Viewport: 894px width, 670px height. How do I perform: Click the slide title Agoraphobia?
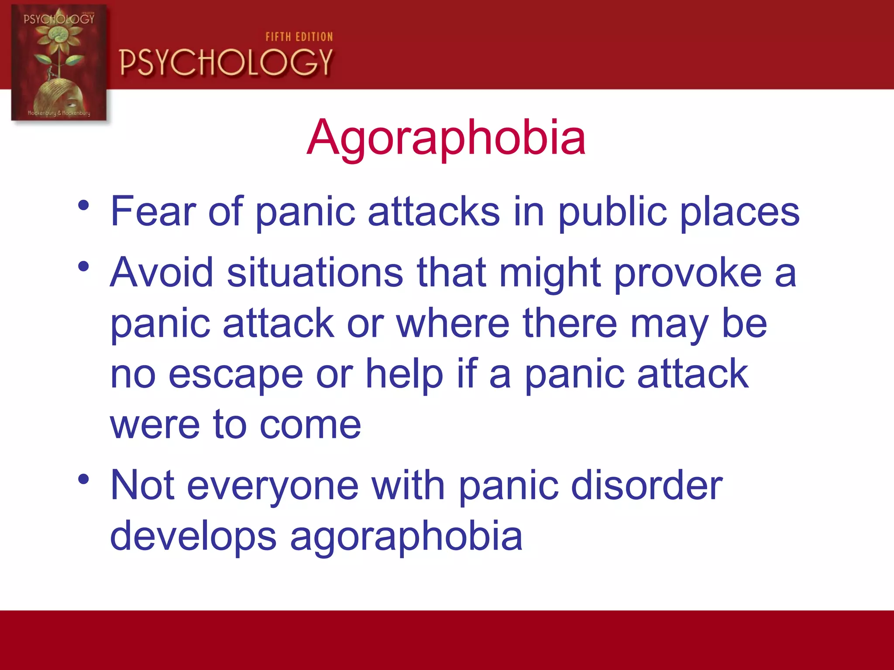(x=446, y=138)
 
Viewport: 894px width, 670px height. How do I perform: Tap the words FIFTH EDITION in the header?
(x=299, y=37)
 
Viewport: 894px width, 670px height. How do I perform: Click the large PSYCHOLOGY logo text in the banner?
(x=226, y=62)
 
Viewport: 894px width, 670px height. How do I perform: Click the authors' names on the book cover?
(x=59, y=113)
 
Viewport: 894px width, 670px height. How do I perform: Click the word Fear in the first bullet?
(x=153, y=212)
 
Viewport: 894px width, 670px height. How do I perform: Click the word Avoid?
(x=162, y=273)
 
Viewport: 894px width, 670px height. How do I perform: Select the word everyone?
(x=272, y=486)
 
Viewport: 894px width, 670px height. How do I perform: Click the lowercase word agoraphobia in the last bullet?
(x=406, y=537)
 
